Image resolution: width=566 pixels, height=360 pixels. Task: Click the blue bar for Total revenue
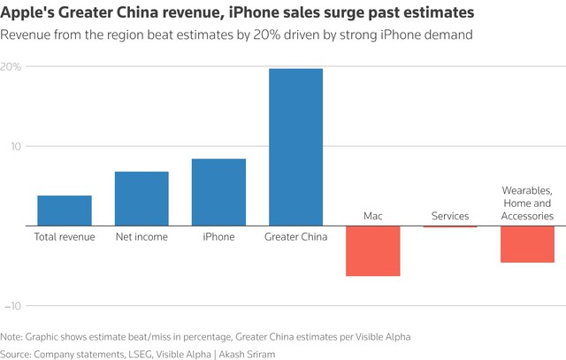point(65,211)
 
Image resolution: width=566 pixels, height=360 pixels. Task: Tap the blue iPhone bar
point(218,192)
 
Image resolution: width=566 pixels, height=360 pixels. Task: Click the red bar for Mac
point(372,251)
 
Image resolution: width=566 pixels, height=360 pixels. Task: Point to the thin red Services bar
point(449,226)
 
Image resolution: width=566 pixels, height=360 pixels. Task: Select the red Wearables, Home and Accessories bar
point(527,244)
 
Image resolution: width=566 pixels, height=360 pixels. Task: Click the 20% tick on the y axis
point(11,67)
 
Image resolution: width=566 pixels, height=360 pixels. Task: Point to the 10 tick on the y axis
point(15,146)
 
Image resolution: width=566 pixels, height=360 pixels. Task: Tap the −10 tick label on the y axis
point(12,305)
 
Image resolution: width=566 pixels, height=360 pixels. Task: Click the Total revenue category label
point(65,237)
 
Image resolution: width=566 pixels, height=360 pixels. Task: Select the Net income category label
point(141,237)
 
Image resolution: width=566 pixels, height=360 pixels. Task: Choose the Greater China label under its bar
point(295,237)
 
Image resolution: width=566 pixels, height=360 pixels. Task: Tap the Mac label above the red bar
point(372,216)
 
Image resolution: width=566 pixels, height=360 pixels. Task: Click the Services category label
point(449,216)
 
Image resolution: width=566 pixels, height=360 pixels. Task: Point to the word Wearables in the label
point(527,190)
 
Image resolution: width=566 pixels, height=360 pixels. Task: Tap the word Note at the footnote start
point(12,336)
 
